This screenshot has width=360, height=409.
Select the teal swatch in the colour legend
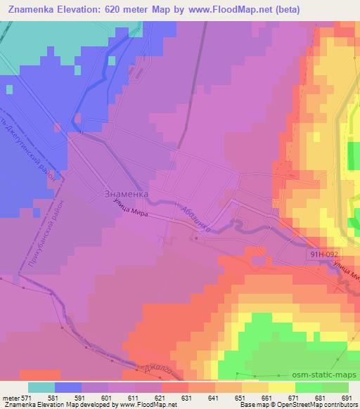coord(41,388)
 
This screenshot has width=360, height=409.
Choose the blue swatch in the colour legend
coord(68,388)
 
